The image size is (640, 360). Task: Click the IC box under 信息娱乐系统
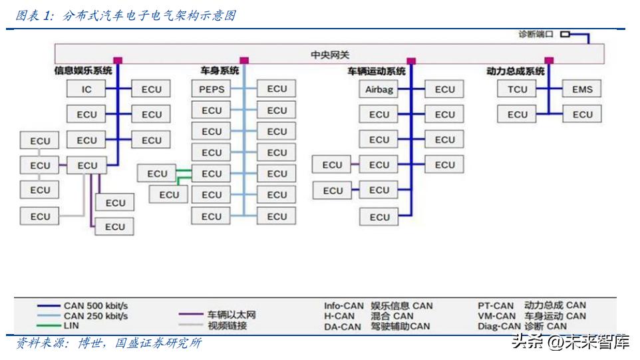click(x=86, y=89)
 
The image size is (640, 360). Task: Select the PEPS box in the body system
click(x=212, y=89)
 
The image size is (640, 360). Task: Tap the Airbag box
click(x=379, y=89)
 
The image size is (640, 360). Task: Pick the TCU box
click(x=517, y=89)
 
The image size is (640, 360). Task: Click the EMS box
click(x=582, y=89)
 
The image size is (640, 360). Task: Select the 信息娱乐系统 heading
click(x=83, y=71)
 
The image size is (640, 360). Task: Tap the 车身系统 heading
click(x=220, y=71)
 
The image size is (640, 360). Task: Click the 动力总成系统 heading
click(x=516, y=71)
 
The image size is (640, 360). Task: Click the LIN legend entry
click(x=71, y=326)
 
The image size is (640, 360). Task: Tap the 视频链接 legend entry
click(x=227, y=325)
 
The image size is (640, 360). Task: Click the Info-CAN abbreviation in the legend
click(x=344, y=306)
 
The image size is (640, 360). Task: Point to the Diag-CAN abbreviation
click(x=500, y=326)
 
